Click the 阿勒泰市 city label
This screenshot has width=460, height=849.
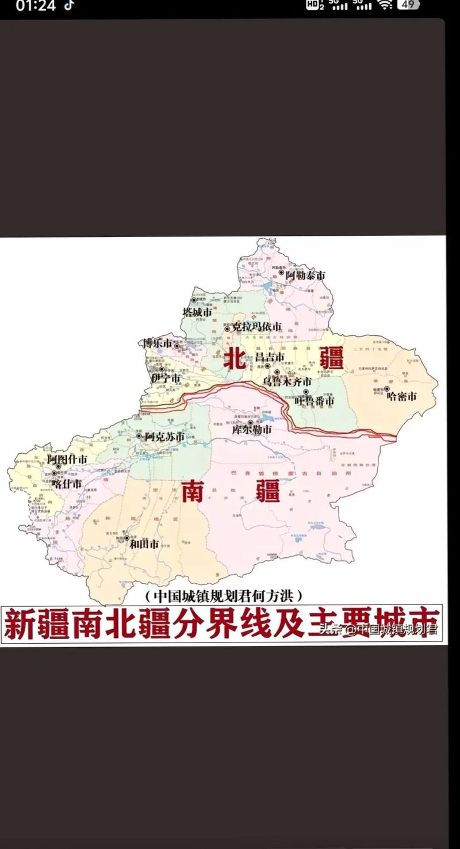pos(305,276)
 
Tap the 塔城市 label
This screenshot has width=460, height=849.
pos(197,312)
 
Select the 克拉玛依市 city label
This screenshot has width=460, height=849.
pos(256,327)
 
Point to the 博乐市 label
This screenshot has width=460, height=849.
pos(158,343)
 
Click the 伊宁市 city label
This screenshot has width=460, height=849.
pos(166,378)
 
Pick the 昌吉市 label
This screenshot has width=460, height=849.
pos(270,357)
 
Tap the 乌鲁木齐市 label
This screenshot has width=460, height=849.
pos(287,381)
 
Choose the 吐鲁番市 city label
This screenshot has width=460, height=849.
pos(314,401)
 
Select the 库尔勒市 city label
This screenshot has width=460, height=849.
pos(252,430)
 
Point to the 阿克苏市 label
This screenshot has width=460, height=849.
pos(164,437)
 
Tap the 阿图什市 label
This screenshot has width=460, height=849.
pos(67,459)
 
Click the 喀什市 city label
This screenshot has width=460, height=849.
pos(67,483)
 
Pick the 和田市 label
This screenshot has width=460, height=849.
pos(143,544)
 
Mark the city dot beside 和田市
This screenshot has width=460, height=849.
pos(126,538)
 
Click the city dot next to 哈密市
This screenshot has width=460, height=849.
pos(386,389)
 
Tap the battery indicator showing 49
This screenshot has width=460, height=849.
pos(408,5)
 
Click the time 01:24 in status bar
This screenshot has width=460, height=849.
pos(36,6)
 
